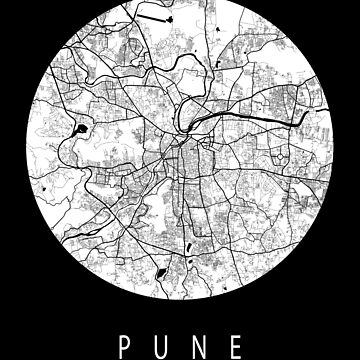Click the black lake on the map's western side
tap(80, 130)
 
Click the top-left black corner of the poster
tap(4, 4)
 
